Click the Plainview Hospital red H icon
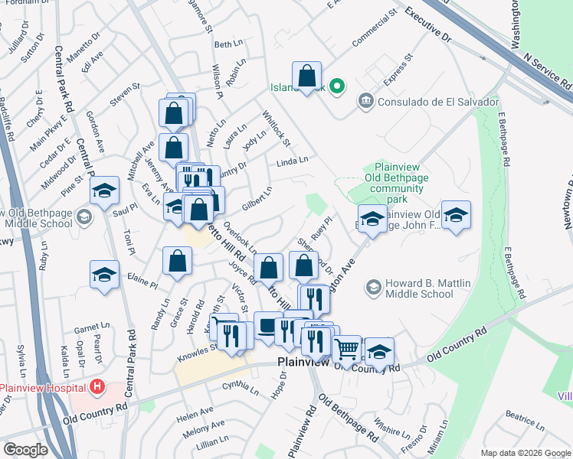(x=97, y=386)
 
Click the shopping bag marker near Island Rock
(x=306, y=76)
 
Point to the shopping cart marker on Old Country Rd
(x=347, y=350)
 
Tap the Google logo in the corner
(x=25, y=450)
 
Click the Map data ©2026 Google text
(x=526, y=453)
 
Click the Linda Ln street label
(x=292, y=161)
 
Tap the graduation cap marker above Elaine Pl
(x=104, y=275)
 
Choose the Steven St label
(x=125, y=96)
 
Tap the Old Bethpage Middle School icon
(x=84, y=218)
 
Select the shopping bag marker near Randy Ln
(x=177, y=261)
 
